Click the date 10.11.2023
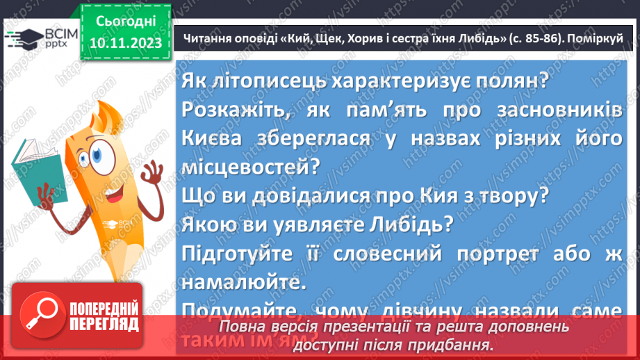(x=126, y=44)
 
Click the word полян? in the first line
(x=512, y=81)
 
